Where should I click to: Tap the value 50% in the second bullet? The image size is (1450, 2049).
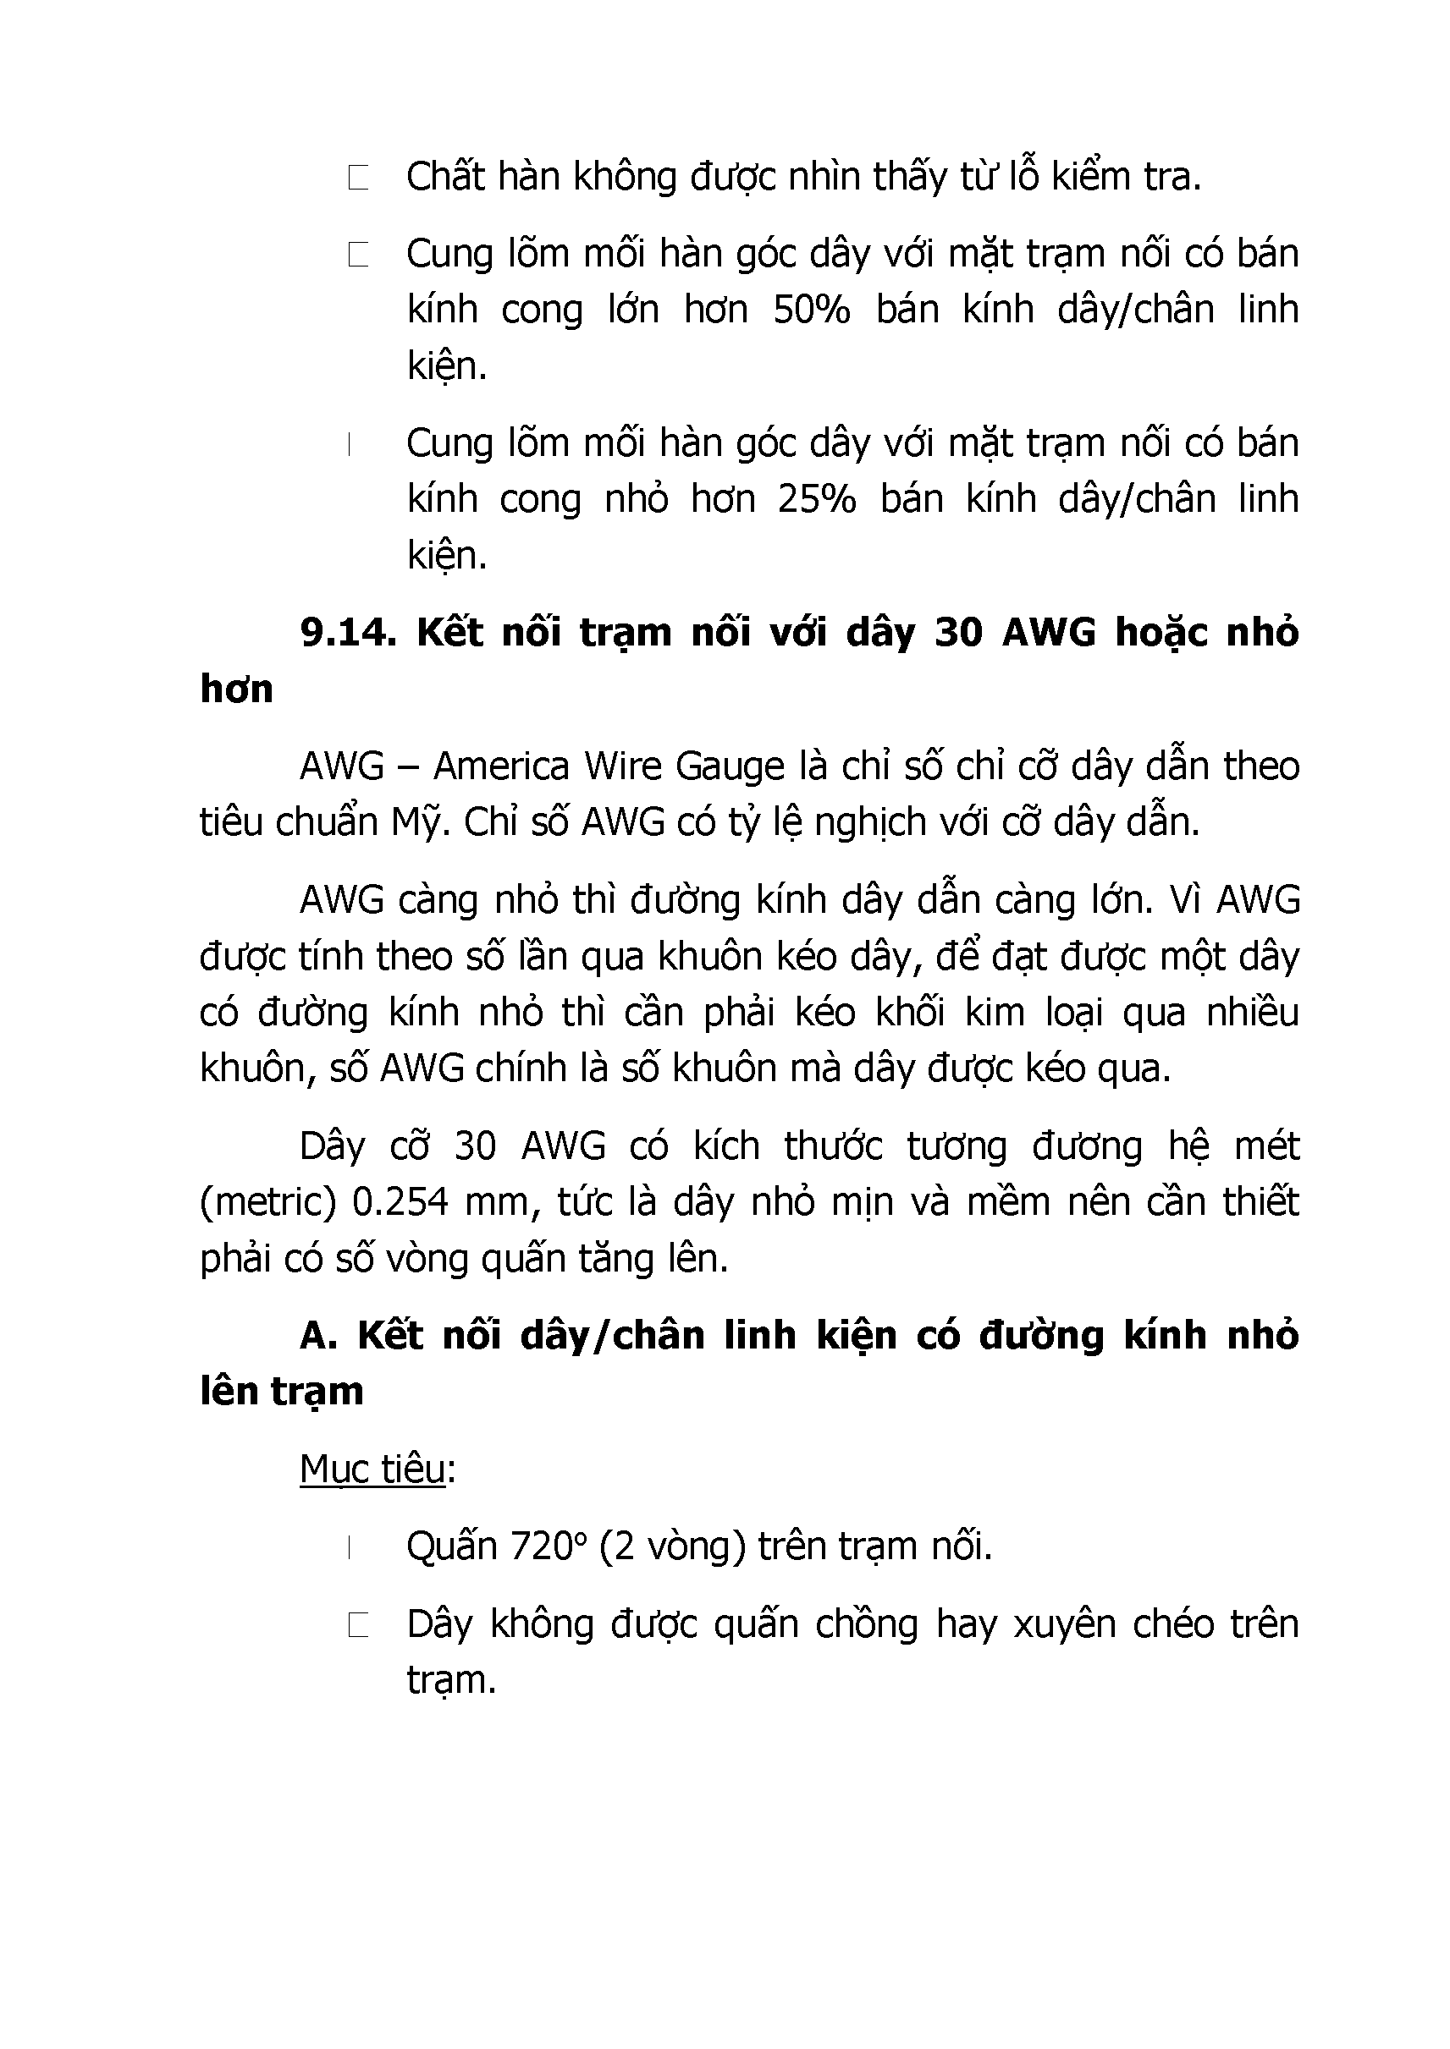(x=811, y=310)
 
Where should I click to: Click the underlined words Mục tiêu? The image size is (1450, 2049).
(x=372, y=1469)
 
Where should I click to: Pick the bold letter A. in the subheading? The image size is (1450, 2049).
(x=318, y=1336)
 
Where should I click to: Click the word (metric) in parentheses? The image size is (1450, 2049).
(x=267, y=1202)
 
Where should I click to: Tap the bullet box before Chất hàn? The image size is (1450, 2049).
(x=358, y=178)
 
